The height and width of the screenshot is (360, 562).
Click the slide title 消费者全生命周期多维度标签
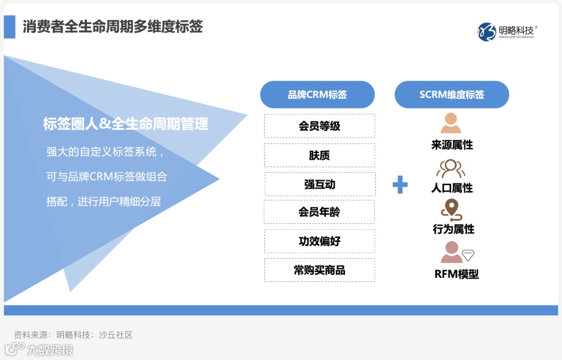pyautogui.click(x=112, y=27)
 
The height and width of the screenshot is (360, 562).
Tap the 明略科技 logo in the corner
pyautogui.click(x=506, y=32)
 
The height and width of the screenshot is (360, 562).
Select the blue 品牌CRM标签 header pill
pyautogui.click(x=317, y=95)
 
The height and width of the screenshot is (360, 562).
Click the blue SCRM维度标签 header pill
pyautogui.click(x=452, y=95)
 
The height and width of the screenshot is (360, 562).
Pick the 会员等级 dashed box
pyautogui.click(x=320, y=126)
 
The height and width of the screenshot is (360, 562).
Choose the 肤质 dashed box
pyautogui.click(x=320, y=155)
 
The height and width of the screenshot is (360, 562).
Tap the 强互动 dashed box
pyautogui.click(x=320, y=184)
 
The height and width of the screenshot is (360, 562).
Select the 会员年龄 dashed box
pyautogui.click(x=320, y=212)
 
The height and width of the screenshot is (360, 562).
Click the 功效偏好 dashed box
pyautogui.click(x=320, y=241)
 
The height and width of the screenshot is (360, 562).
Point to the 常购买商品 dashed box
pyautogui.click(x=320, y=270)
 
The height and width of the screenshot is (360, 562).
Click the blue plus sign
pyautogui.click(x=400, y=185)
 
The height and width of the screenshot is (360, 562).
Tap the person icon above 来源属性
pyautogui.click(x=451, y=123)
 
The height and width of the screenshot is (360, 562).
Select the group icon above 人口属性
pyautogui.click(x=451, y=168)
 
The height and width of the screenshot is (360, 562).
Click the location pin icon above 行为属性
pyautogui.click(x=451, y=210)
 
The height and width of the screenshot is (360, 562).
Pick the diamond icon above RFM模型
pyautogui.click(x=468, y=255)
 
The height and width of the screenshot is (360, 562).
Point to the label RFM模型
pyautogui.click(x=456, y=274)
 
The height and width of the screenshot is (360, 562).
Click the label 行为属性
pyautogui.click(x=453, y=229)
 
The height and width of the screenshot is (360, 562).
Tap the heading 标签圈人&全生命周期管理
pyautogui.click(x=125, y=124)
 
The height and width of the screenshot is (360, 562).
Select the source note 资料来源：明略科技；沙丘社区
pyautogui.click(x=73, y=335)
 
